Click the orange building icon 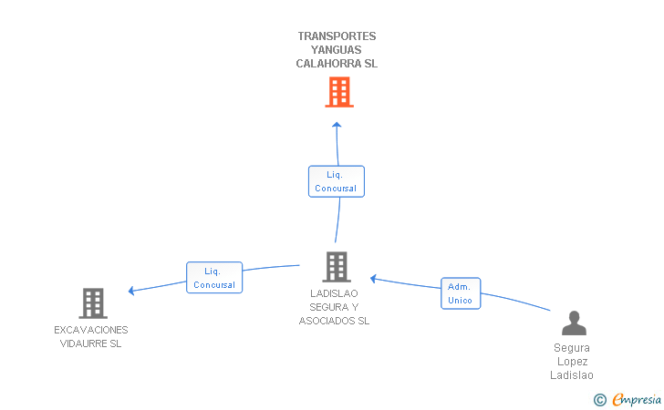(339, 92)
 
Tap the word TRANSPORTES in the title (337, 36)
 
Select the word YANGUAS (337, 50)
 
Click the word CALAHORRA (328, 64)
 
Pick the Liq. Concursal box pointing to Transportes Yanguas (337, 181)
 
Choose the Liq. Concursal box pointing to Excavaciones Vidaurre (214, 278)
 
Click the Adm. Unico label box (461, 293)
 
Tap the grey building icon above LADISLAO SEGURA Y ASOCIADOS (337, 267)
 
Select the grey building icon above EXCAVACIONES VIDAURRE (93, 303)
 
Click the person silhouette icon (575, 323)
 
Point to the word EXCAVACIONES (91, 330)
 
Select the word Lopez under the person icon (573, 362)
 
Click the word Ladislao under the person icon (572, 375)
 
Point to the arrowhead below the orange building (337, 125)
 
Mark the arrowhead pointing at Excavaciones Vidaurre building (131, 291)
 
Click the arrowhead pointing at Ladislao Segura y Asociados (373, 279)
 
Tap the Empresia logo (637, 399)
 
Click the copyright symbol (600, 400)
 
